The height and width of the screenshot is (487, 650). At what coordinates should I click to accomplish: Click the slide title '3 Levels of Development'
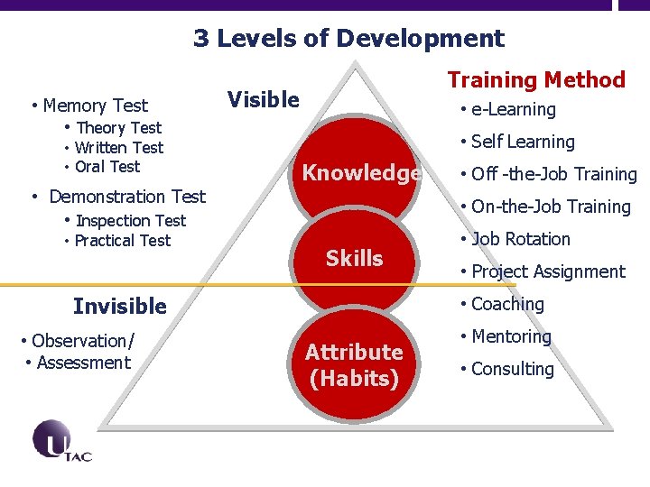tap(348, 39)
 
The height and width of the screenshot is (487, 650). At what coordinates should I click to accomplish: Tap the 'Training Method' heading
tap(536, 80)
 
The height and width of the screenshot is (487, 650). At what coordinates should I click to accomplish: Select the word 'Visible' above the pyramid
tap(263, 99)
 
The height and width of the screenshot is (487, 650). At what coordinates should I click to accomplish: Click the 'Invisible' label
tap(120, 307)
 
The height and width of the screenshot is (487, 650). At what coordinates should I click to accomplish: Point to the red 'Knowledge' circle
tap(360, 173)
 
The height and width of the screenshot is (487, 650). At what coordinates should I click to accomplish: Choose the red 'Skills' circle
tap(354, 259)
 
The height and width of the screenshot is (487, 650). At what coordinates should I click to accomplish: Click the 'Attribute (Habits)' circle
tap(354, 364)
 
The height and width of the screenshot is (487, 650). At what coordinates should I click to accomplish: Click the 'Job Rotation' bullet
tap(521, 239)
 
